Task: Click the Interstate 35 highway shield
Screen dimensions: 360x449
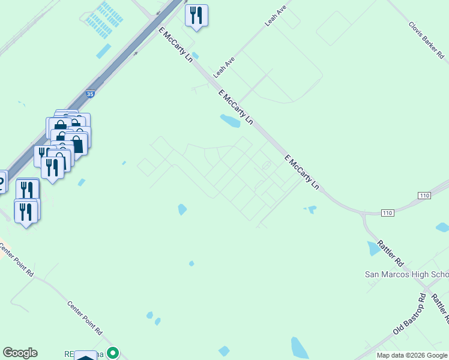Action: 90,94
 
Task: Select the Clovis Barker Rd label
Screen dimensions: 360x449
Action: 427,40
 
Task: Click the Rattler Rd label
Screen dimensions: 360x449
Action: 390,253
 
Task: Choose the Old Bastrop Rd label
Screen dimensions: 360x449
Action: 409,314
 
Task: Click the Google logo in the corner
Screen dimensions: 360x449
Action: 20,353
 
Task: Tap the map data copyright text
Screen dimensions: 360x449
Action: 412,355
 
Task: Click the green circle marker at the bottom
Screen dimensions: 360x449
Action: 112,353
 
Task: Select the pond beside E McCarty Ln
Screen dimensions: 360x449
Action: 230,121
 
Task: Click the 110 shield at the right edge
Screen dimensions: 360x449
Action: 424,196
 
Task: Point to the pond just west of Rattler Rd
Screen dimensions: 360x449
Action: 373,248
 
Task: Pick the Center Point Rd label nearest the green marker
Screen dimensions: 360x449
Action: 85,317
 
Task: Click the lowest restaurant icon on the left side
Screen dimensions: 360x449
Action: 25,212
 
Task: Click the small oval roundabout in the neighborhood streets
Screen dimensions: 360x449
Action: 267,165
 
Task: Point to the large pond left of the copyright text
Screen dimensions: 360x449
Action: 298,347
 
